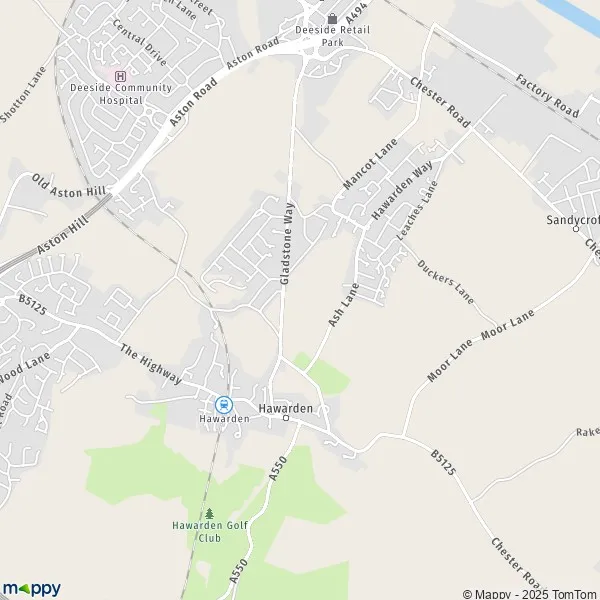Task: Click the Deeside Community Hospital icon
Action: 121,75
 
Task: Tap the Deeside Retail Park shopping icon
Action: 333,18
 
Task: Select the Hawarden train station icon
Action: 223,405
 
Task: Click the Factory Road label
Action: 548,94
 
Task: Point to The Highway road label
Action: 150,365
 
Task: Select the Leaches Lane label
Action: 417,209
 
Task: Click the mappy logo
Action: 31,588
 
